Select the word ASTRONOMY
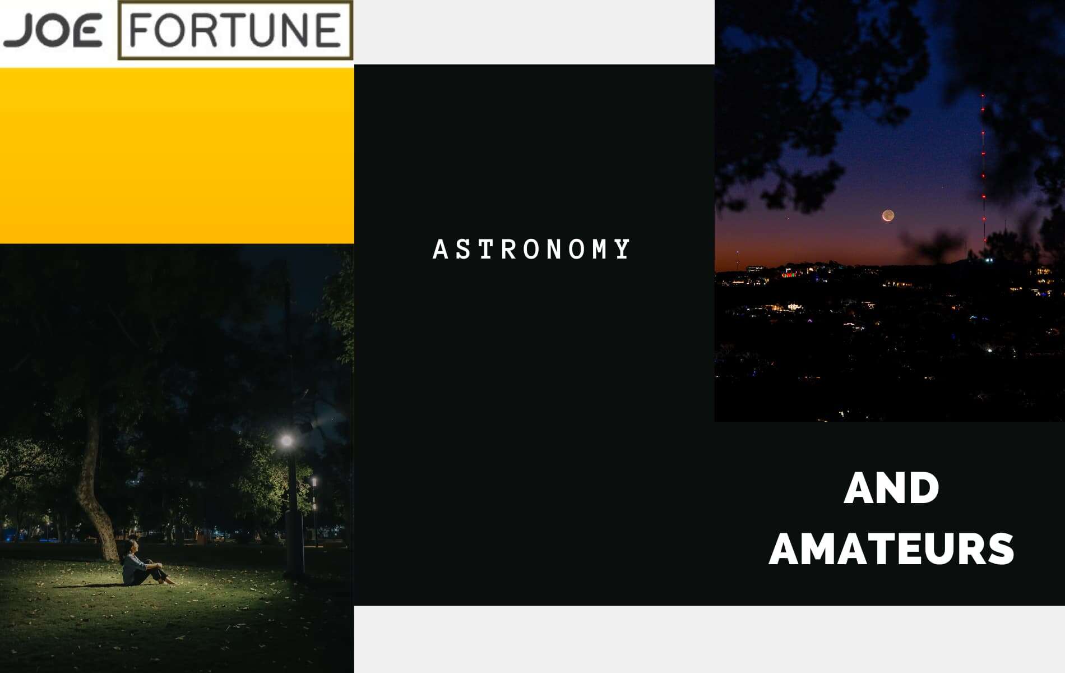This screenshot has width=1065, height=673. point(531,250)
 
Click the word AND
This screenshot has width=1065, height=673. point(891,488)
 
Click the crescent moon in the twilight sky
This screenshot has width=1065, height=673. point(888,215)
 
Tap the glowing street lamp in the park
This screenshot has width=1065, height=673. point(287,441)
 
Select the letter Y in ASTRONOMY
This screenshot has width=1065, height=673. point(623,250)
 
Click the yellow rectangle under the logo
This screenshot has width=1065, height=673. point(177,156)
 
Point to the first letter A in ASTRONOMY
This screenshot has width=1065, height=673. point(441,250)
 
